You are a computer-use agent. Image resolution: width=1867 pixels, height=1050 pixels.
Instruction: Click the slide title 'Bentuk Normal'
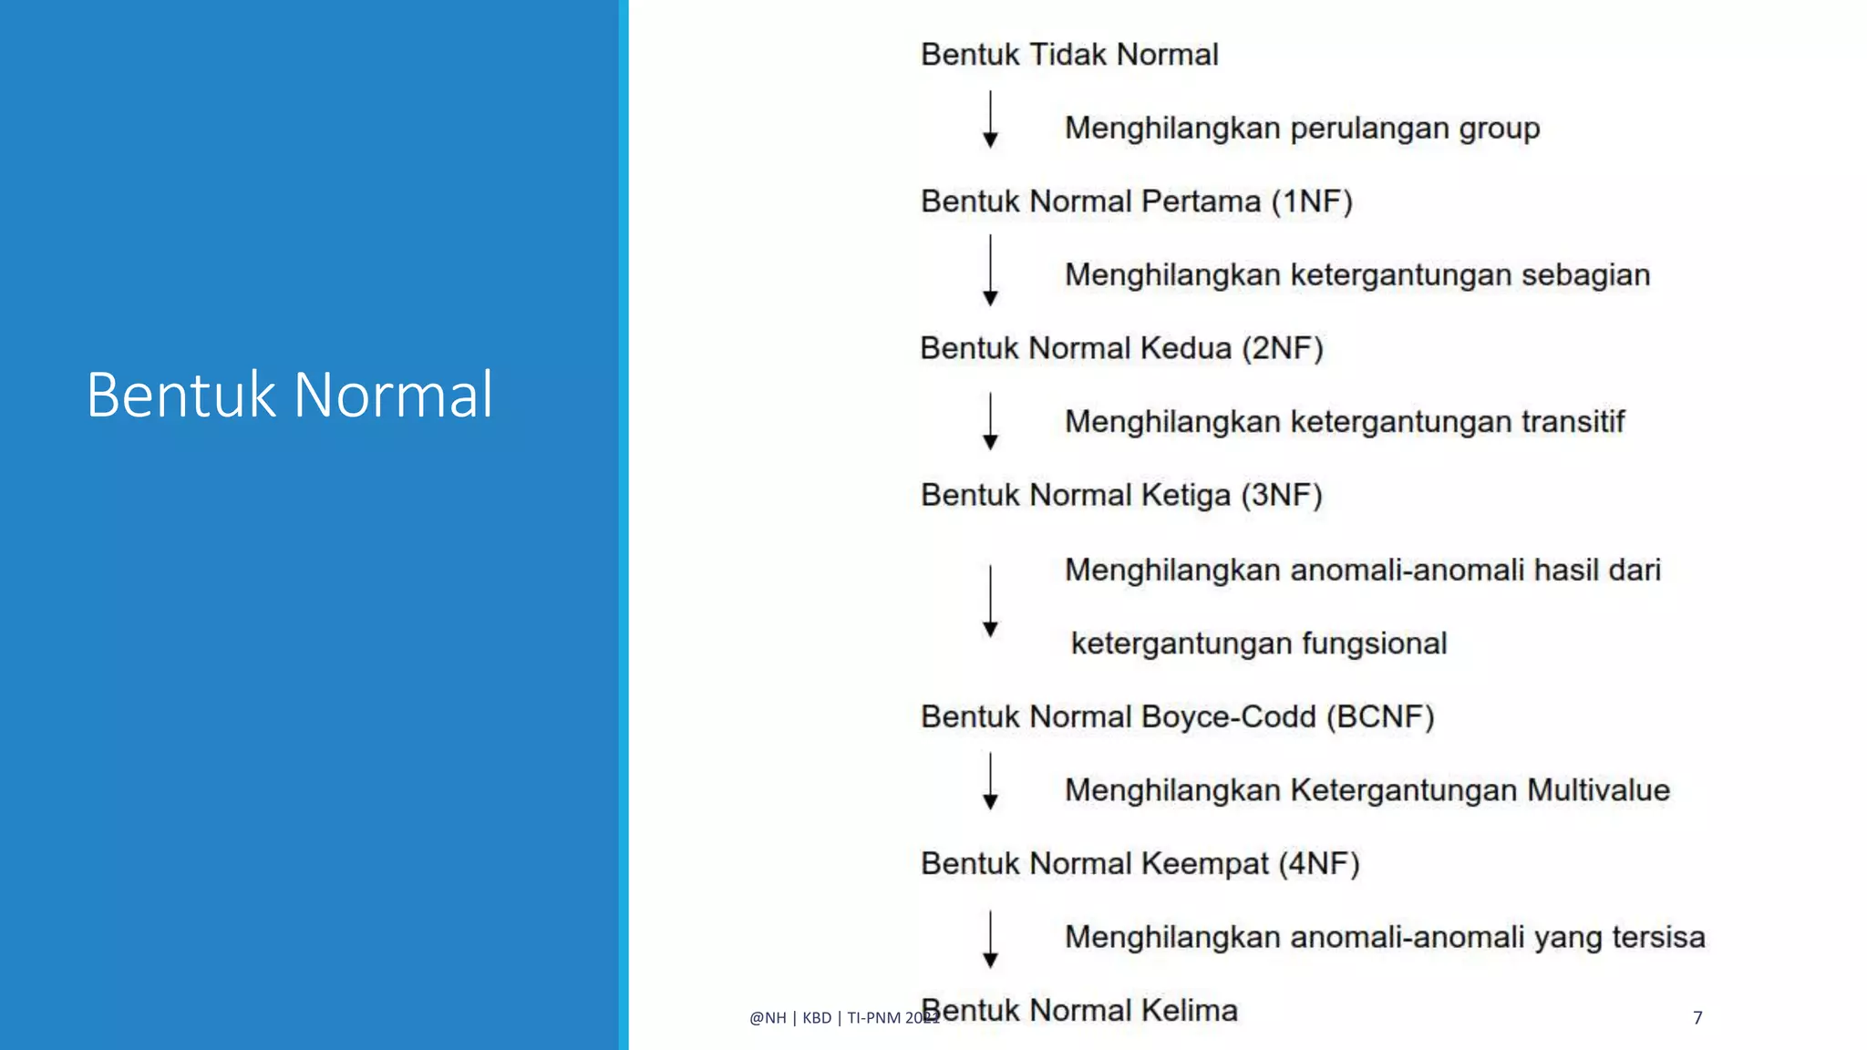pyautogui.click(x=290, y=395)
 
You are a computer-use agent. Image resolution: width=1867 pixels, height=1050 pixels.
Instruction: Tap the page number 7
pyautogui.click(x=1697, y=1017)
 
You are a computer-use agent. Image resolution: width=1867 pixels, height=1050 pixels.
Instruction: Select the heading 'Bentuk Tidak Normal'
pyautogui.click(x=1069, y=55)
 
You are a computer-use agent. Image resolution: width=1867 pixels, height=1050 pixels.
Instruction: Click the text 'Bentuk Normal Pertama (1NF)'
pyautogui.click(x=1136, y=201)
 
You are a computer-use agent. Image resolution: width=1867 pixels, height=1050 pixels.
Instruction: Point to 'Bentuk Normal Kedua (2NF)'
pyautogui.click(x=1121, y=348)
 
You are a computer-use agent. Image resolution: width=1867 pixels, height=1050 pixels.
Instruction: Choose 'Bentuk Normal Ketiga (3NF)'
pyautogui.click(x=1121, y=495)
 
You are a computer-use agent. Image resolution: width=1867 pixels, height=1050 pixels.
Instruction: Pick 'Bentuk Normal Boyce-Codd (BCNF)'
pyautogui.click(x=1177, y=716)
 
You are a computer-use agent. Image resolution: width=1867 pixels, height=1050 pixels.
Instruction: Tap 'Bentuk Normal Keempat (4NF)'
pyautogui.click(x=1140, y=863)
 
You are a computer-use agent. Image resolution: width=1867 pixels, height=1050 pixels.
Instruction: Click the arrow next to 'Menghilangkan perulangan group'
pyautogui.click(x=990, y=119)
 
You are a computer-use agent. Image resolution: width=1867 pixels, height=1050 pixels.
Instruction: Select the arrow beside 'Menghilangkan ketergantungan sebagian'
pyautogui.click(x=990, y=271)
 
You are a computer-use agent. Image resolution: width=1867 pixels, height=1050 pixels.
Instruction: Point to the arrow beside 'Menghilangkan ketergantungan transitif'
pyautogui.click(x=990, y=421)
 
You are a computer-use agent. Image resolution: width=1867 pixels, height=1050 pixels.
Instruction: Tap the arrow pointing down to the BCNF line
pyautogui.click(x=990, y=602)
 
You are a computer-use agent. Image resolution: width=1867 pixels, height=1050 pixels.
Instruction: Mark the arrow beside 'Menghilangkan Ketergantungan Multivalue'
pyautogui.click(x=990, y=781)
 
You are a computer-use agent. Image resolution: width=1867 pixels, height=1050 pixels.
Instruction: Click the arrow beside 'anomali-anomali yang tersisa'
pyautogui.click(x=990, y=939)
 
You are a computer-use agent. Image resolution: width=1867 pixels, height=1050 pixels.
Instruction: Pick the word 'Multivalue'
pyautogui.click(x=1598, y=790)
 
